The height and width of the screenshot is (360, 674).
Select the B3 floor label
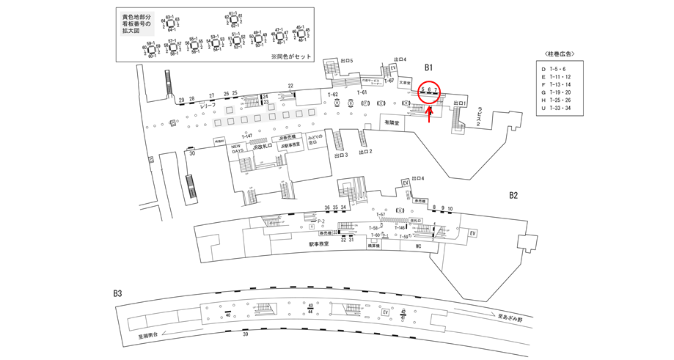tap(117, 293)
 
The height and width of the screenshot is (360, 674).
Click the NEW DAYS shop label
tap(237, 148)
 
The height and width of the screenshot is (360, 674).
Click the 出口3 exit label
tap(340, 155)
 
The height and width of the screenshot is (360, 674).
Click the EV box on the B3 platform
tap(384, 312)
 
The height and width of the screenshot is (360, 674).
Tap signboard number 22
tap(291, 86)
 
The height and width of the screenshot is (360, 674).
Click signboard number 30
tap(191, 154)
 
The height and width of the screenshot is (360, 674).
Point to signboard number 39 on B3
tap(245, 334)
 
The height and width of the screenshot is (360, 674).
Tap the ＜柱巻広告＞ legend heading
tap(560, 54)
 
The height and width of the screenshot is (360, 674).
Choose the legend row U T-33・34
tap(560, 114)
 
